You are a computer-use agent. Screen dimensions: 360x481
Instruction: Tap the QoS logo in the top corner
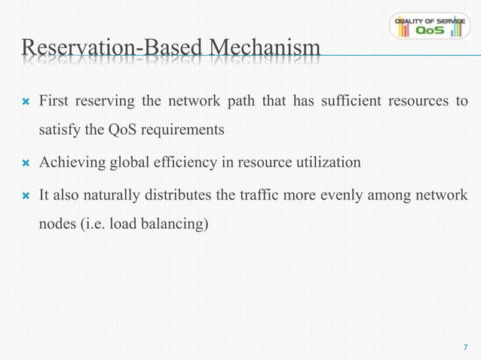coord(429,26)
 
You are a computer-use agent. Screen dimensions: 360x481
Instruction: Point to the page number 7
coord(465,347)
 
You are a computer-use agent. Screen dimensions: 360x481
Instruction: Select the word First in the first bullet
coord(53,101)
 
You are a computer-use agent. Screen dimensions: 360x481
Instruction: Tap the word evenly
coord(334,195)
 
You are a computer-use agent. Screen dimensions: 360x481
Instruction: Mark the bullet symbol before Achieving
coord(25,163)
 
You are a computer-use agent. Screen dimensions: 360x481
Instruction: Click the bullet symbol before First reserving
coord(25,102)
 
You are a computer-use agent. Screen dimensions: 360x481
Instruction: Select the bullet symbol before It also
coord(25,196)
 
